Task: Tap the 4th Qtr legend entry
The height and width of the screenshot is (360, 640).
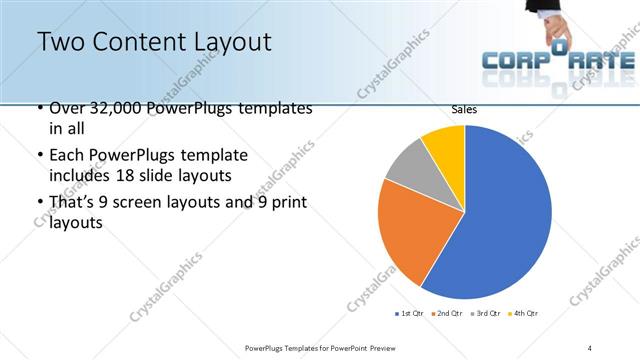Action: coord(524,314)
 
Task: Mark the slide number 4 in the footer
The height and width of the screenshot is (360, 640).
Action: coord(590,347)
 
